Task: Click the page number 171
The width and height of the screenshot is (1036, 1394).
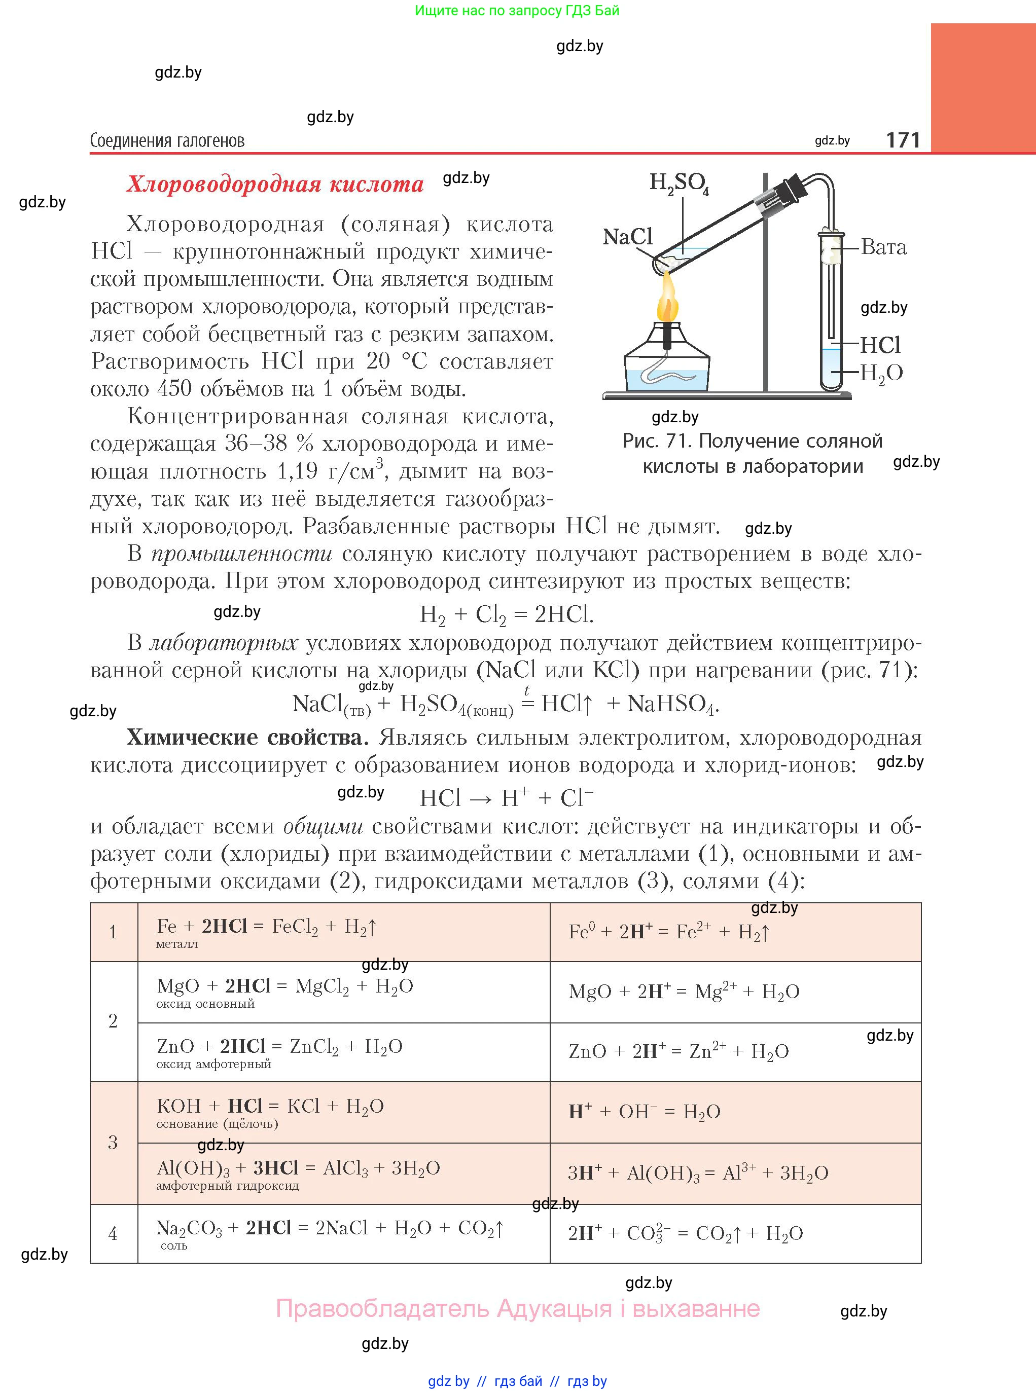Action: [903, 140]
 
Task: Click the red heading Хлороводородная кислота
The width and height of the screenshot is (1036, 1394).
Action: [275, 185]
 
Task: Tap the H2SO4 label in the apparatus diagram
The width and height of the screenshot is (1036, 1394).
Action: [678, 183]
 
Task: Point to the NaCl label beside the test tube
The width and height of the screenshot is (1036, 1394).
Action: [627, 237]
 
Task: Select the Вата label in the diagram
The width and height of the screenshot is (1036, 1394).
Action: [883, 247]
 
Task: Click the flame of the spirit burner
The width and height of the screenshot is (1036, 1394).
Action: [667, 300]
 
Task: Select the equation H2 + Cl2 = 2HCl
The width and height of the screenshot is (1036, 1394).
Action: [506, 615]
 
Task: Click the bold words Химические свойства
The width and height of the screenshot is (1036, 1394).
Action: [247, 738]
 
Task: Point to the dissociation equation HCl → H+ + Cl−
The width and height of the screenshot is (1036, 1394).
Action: [506, 798]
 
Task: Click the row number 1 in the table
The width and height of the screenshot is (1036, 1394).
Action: [113, 932]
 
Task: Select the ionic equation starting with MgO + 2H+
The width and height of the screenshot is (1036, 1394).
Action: [684, 992]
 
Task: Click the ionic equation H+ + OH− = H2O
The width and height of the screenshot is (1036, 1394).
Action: [644, 1111]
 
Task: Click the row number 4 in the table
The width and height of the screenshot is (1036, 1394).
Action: [113, 1233]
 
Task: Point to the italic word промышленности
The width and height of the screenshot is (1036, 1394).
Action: [241, 554]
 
